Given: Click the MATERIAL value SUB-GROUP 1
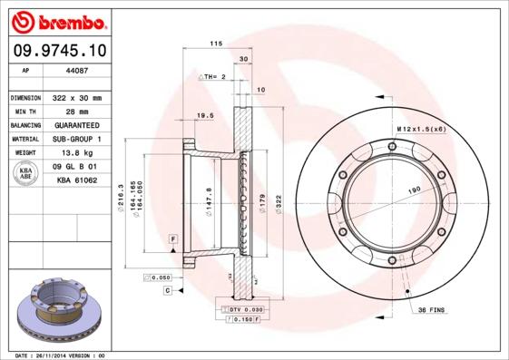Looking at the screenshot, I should pyautogui.click(x=73, y=139).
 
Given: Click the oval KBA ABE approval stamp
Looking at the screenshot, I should pyautogui.click(x=25, y=174).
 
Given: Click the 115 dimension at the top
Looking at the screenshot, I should pyautogui.click(x=216, y=44).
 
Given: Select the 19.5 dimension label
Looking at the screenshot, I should pyautogui.click(x=205, y=116).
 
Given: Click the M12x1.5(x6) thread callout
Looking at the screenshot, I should pyautogui.click(x=420, y=129).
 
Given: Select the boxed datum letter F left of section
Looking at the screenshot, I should pyautogui.click(x=171, y=238).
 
